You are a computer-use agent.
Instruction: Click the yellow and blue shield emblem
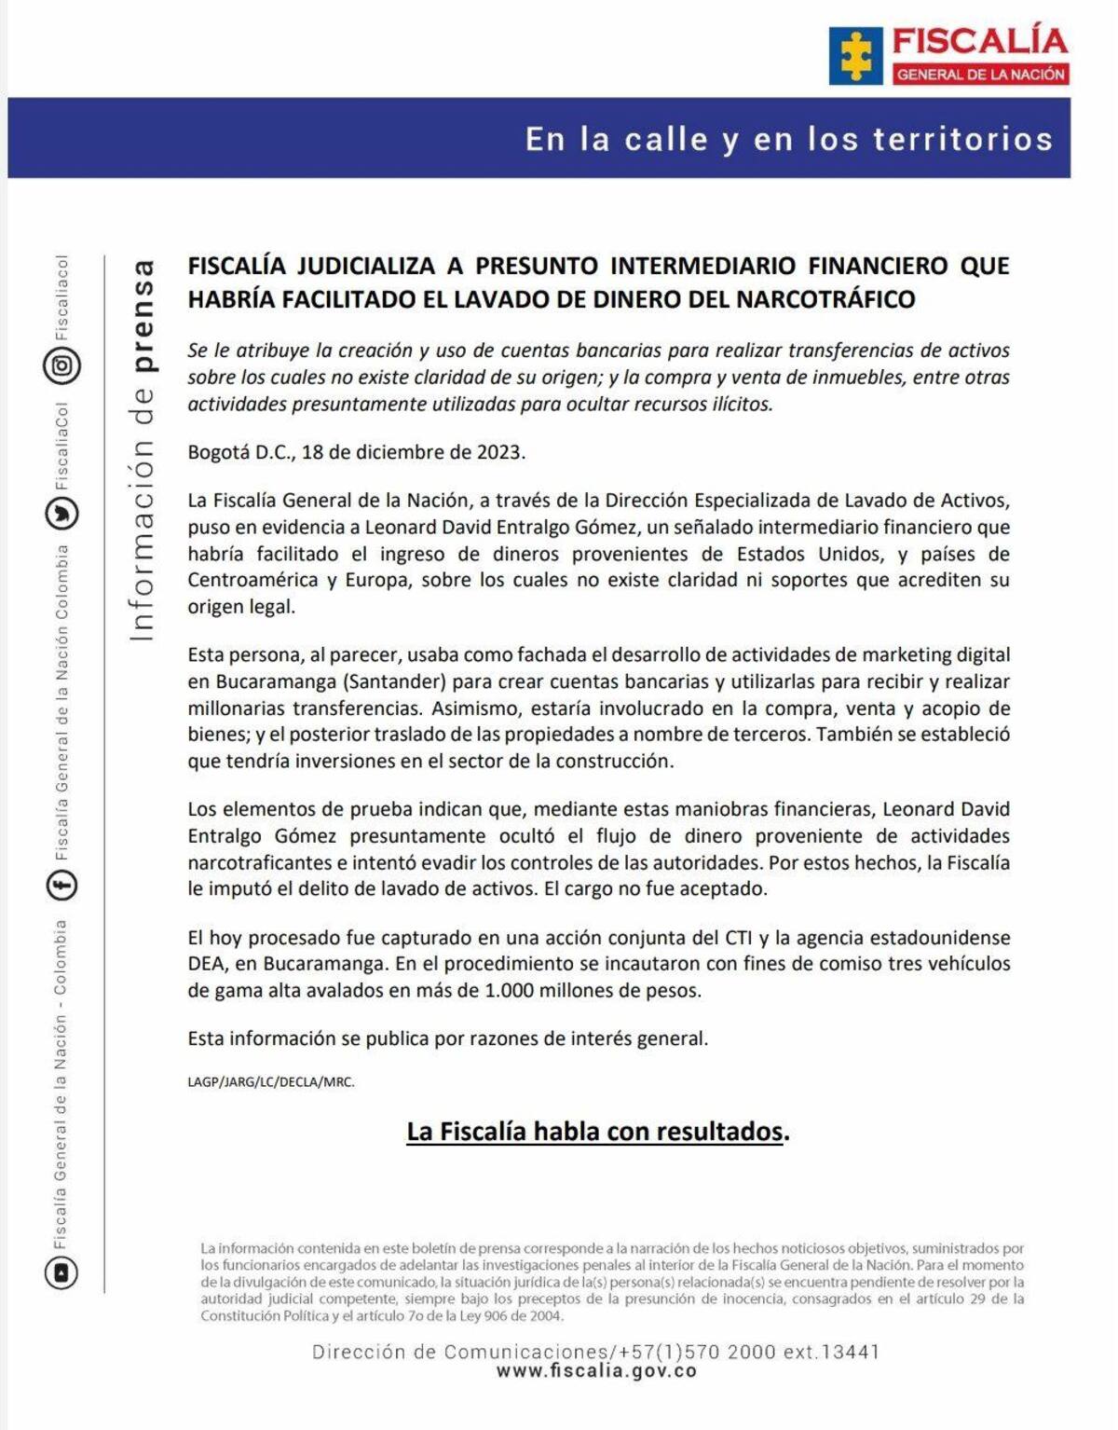point(855,56)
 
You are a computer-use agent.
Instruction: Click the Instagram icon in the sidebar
point(62,365)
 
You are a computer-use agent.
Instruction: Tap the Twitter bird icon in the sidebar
point(62,514)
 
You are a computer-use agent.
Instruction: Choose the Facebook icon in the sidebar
point(62,885)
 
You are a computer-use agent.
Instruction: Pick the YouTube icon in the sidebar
point(62,1272)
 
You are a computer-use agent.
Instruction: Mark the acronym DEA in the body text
point(206,964)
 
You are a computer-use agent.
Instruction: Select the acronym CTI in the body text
point(738,938)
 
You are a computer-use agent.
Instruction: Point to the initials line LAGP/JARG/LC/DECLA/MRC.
point(271,1082)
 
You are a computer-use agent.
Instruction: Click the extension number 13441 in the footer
point(851,1352)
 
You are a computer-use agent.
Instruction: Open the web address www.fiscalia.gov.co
point(596,1371)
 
